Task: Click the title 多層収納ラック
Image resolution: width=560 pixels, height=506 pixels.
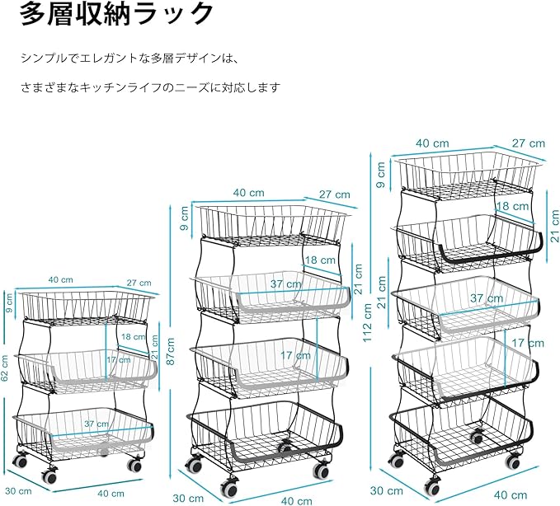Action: tap(117, 14)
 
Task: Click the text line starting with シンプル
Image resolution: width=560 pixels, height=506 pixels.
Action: tap(129, 58)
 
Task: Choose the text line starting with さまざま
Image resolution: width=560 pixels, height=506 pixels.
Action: tap(151, 87)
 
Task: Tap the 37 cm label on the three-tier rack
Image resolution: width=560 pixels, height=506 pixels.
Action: tap(96, 424)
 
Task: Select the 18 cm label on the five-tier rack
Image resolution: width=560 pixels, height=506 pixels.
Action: tap(512, 205)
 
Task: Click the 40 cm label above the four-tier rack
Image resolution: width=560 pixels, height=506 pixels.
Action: tap(248, 193)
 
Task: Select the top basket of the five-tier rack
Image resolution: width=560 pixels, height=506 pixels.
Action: tap(467, 175)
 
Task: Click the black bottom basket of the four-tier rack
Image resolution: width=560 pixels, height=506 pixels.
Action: tap(264, 431)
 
